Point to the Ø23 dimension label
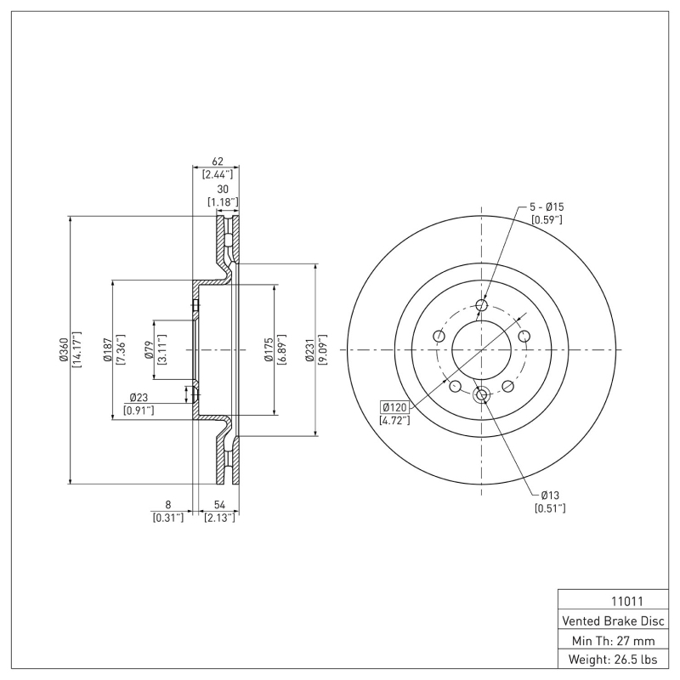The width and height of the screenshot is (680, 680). click(139, 397)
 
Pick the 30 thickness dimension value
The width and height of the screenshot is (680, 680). click(223, 189)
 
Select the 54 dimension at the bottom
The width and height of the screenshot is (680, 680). click(219, 504)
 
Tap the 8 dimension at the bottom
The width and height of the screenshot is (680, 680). click(167, 504)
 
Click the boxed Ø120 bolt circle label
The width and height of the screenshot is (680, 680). click(395, 406)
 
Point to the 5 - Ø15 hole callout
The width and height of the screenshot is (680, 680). click(547, 207)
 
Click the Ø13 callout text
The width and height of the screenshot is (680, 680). click(549, 495)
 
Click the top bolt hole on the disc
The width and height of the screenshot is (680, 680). click(482, 306)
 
